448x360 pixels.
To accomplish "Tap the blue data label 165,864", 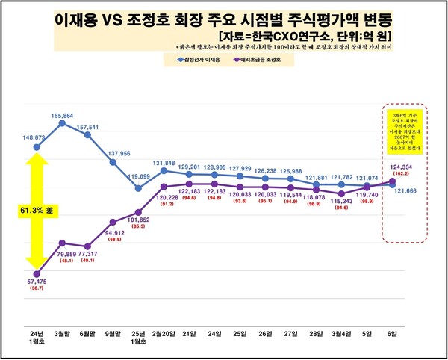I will tap(63, 116).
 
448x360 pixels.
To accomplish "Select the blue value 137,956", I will tap(113, 153).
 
